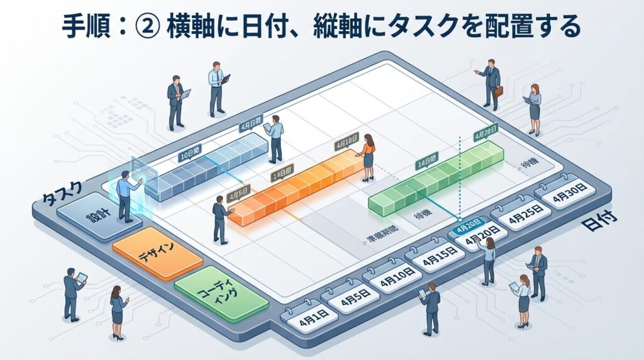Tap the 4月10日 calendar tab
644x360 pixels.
397,276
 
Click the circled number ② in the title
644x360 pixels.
147,26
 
